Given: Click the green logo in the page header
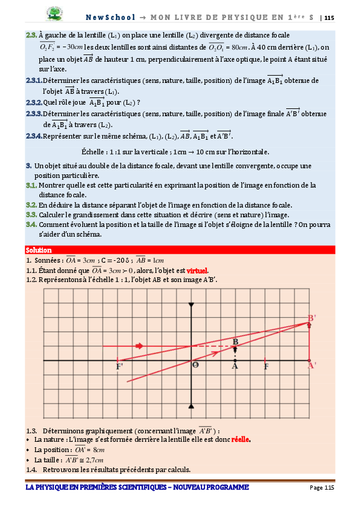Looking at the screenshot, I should [58, 13].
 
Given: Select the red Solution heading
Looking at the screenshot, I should [39, 250].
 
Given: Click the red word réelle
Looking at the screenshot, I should [241, 439].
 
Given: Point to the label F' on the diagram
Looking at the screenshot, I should [120, 366].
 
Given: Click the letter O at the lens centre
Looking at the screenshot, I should [195, 366].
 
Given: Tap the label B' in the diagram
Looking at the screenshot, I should [312, 318].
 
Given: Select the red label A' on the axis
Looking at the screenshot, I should [312, 366].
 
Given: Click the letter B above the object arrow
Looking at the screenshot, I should [235, 342].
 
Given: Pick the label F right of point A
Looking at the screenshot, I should [266, 366].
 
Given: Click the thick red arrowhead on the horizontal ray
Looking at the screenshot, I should [140, 346].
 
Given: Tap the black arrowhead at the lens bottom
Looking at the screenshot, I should [191, 406].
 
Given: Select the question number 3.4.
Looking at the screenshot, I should [31, 225].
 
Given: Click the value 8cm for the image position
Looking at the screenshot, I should [99, 450].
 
